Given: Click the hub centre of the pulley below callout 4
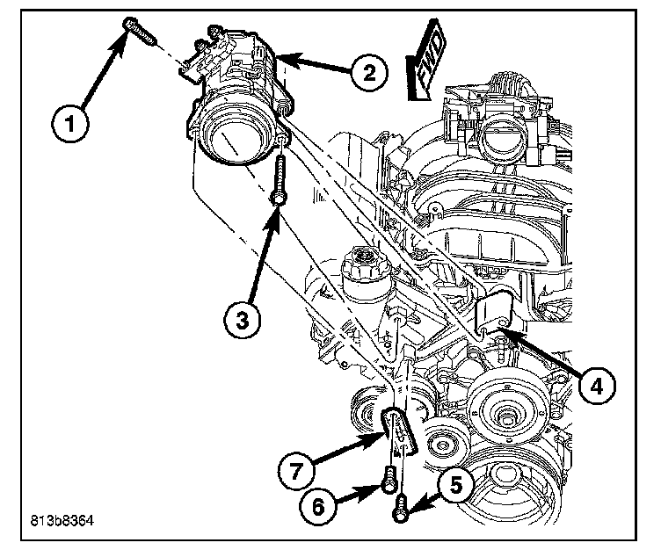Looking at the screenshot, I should (x=507, y=409).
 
